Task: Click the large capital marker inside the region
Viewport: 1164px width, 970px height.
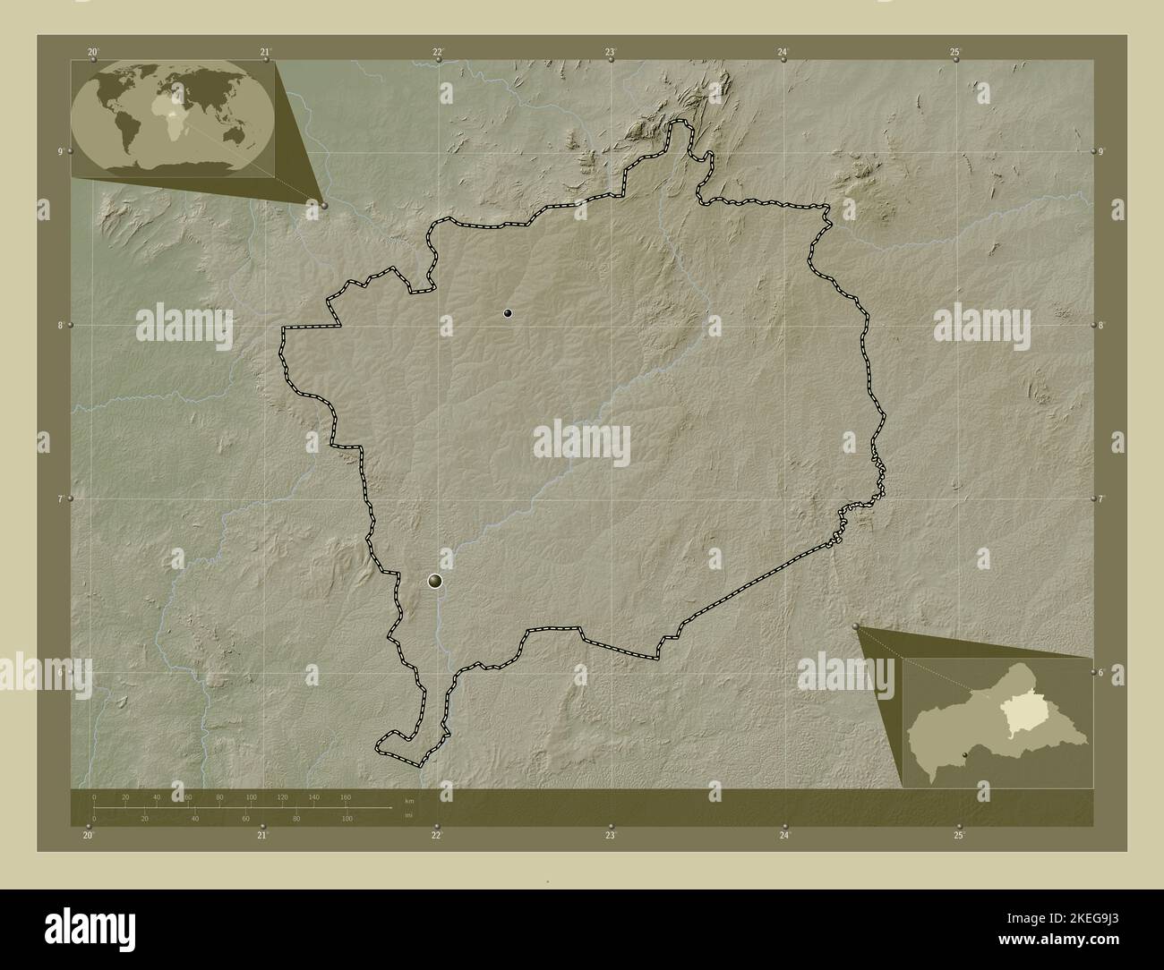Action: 435,582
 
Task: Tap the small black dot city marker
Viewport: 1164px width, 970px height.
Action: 508,313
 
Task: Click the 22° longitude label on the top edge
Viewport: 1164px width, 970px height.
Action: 438,53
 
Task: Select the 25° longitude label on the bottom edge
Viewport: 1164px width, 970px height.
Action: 959,836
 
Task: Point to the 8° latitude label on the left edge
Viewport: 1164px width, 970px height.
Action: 60,326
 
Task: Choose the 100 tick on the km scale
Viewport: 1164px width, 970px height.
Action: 252,796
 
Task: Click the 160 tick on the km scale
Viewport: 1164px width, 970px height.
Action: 346,796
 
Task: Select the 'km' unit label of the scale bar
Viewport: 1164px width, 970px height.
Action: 409,800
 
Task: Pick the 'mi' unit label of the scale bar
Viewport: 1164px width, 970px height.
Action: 408,815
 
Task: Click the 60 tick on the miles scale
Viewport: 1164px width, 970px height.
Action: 245,818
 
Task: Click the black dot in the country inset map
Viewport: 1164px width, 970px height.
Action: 964,757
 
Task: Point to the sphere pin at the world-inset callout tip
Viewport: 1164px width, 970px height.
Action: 324,205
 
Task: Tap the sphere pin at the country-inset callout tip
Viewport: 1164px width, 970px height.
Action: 857,626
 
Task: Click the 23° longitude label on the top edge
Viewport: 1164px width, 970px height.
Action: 611,53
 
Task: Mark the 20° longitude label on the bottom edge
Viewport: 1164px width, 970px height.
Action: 88,836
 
